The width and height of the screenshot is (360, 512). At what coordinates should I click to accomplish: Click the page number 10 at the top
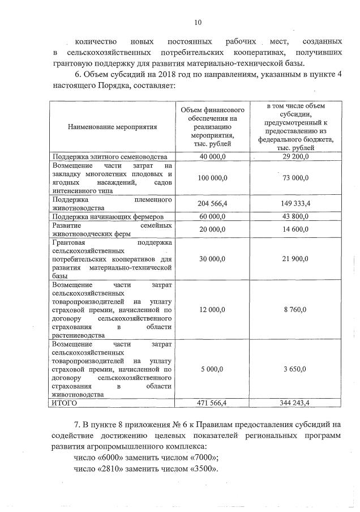point(198,23)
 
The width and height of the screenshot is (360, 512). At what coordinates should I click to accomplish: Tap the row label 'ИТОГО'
point(64,403)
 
